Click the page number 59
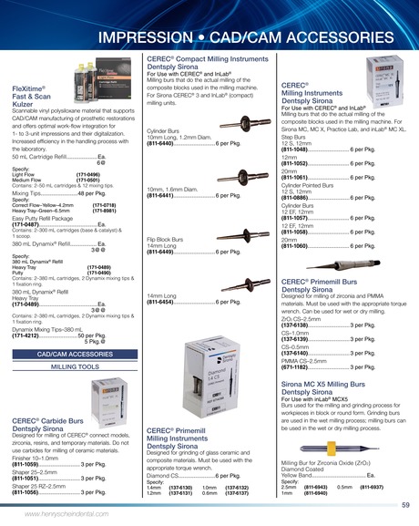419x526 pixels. [x=404, y=504]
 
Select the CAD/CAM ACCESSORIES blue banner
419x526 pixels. [x=75, y=353]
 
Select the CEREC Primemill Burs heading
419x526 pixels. [x=314, y=286]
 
